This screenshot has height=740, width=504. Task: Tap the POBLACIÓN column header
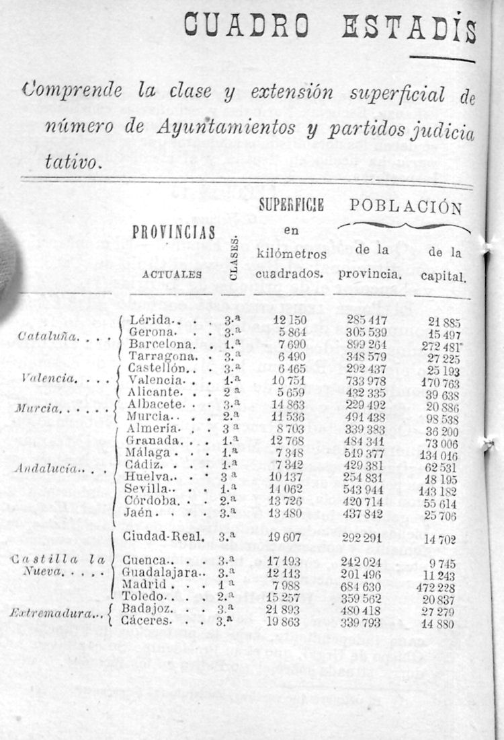[x=405, y=207]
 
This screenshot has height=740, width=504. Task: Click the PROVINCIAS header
[x=174, y=232]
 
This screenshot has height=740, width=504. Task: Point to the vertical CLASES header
[x=233, y=258]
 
